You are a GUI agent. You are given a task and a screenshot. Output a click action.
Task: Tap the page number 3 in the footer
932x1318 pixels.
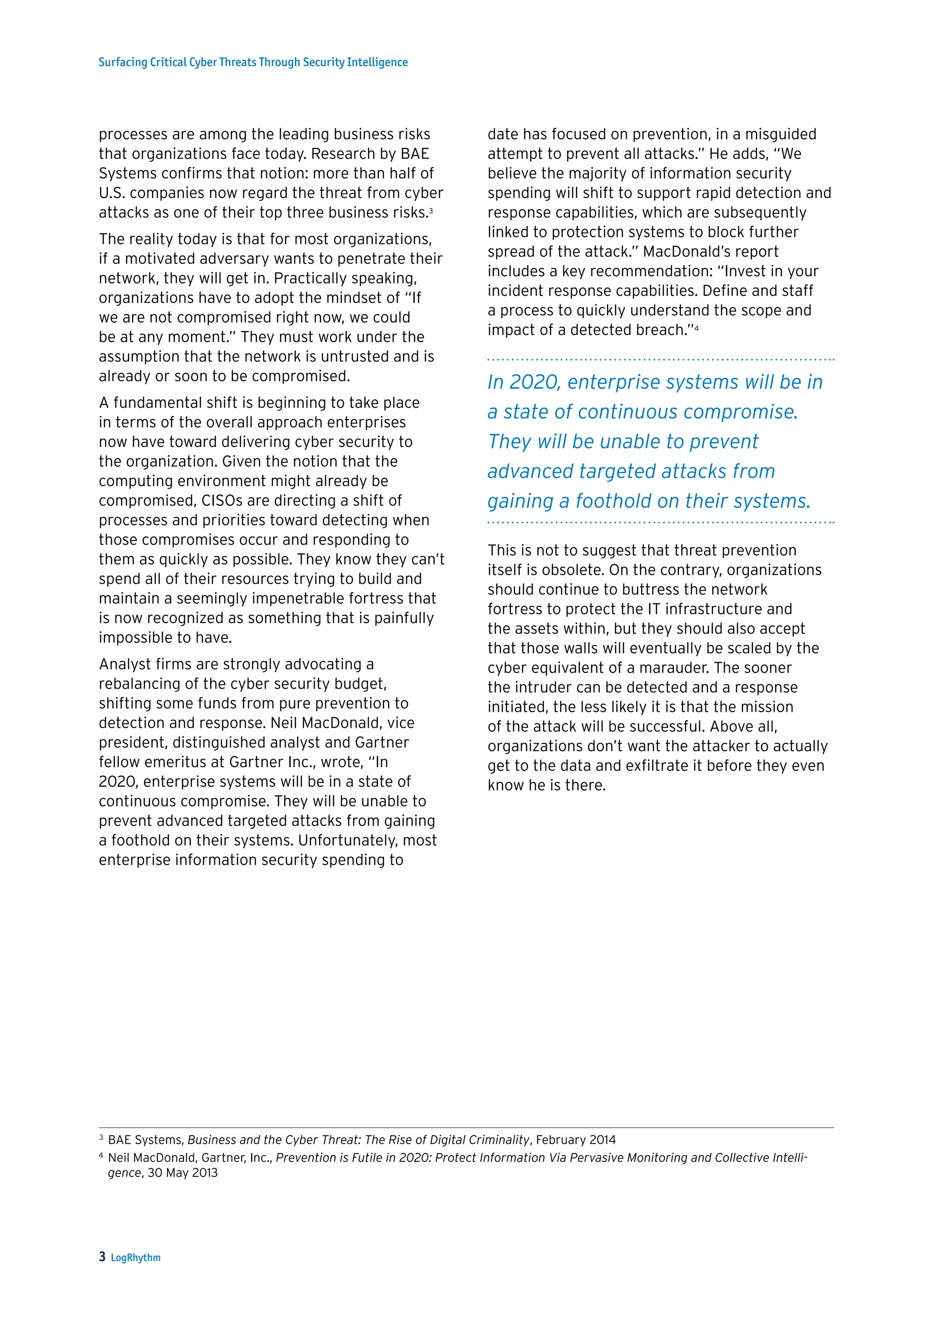coord(102,1257)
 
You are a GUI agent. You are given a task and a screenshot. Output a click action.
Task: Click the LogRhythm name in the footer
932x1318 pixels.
coord(136,1257)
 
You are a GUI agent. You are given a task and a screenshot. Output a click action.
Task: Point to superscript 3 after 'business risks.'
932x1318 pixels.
coord(431,210)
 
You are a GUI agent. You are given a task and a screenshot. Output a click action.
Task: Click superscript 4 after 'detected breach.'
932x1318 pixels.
coord(696,327)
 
